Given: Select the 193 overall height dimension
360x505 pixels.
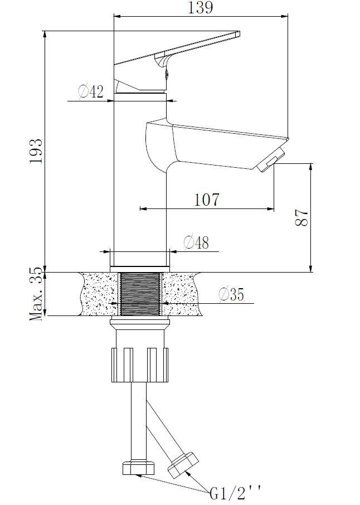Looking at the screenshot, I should pyautogui.click(x=36, y=150).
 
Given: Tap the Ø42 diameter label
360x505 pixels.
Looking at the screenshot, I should pyautogui.click(x=91, y=91).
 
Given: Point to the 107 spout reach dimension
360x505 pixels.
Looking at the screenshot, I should pyautogui.click(x=206, y=199).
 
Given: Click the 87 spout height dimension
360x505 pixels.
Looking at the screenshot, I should pyautogui.click(x=301, y=218).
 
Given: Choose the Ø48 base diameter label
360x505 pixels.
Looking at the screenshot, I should pyautogui.click(x=196, y=242).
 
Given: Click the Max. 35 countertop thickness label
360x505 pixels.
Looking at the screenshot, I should pyautogui.click(x=36, y=294).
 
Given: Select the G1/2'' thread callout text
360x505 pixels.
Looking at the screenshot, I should pyautogui.click(x=235, y=493).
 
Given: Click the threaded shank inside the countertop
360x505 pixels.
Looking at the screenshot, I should pyautogui.click(x=140, y=294).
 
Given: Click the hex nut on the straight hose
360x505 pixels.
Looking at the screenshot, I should pyautogui.click(x=136, y=467).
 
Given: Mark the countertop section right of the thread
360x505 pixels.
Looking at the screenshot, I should pyautogui.click(x=181, y=294).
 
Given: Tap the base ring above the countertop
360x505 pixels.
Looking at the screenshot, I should pyautogui.click(x=140, y=259).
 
